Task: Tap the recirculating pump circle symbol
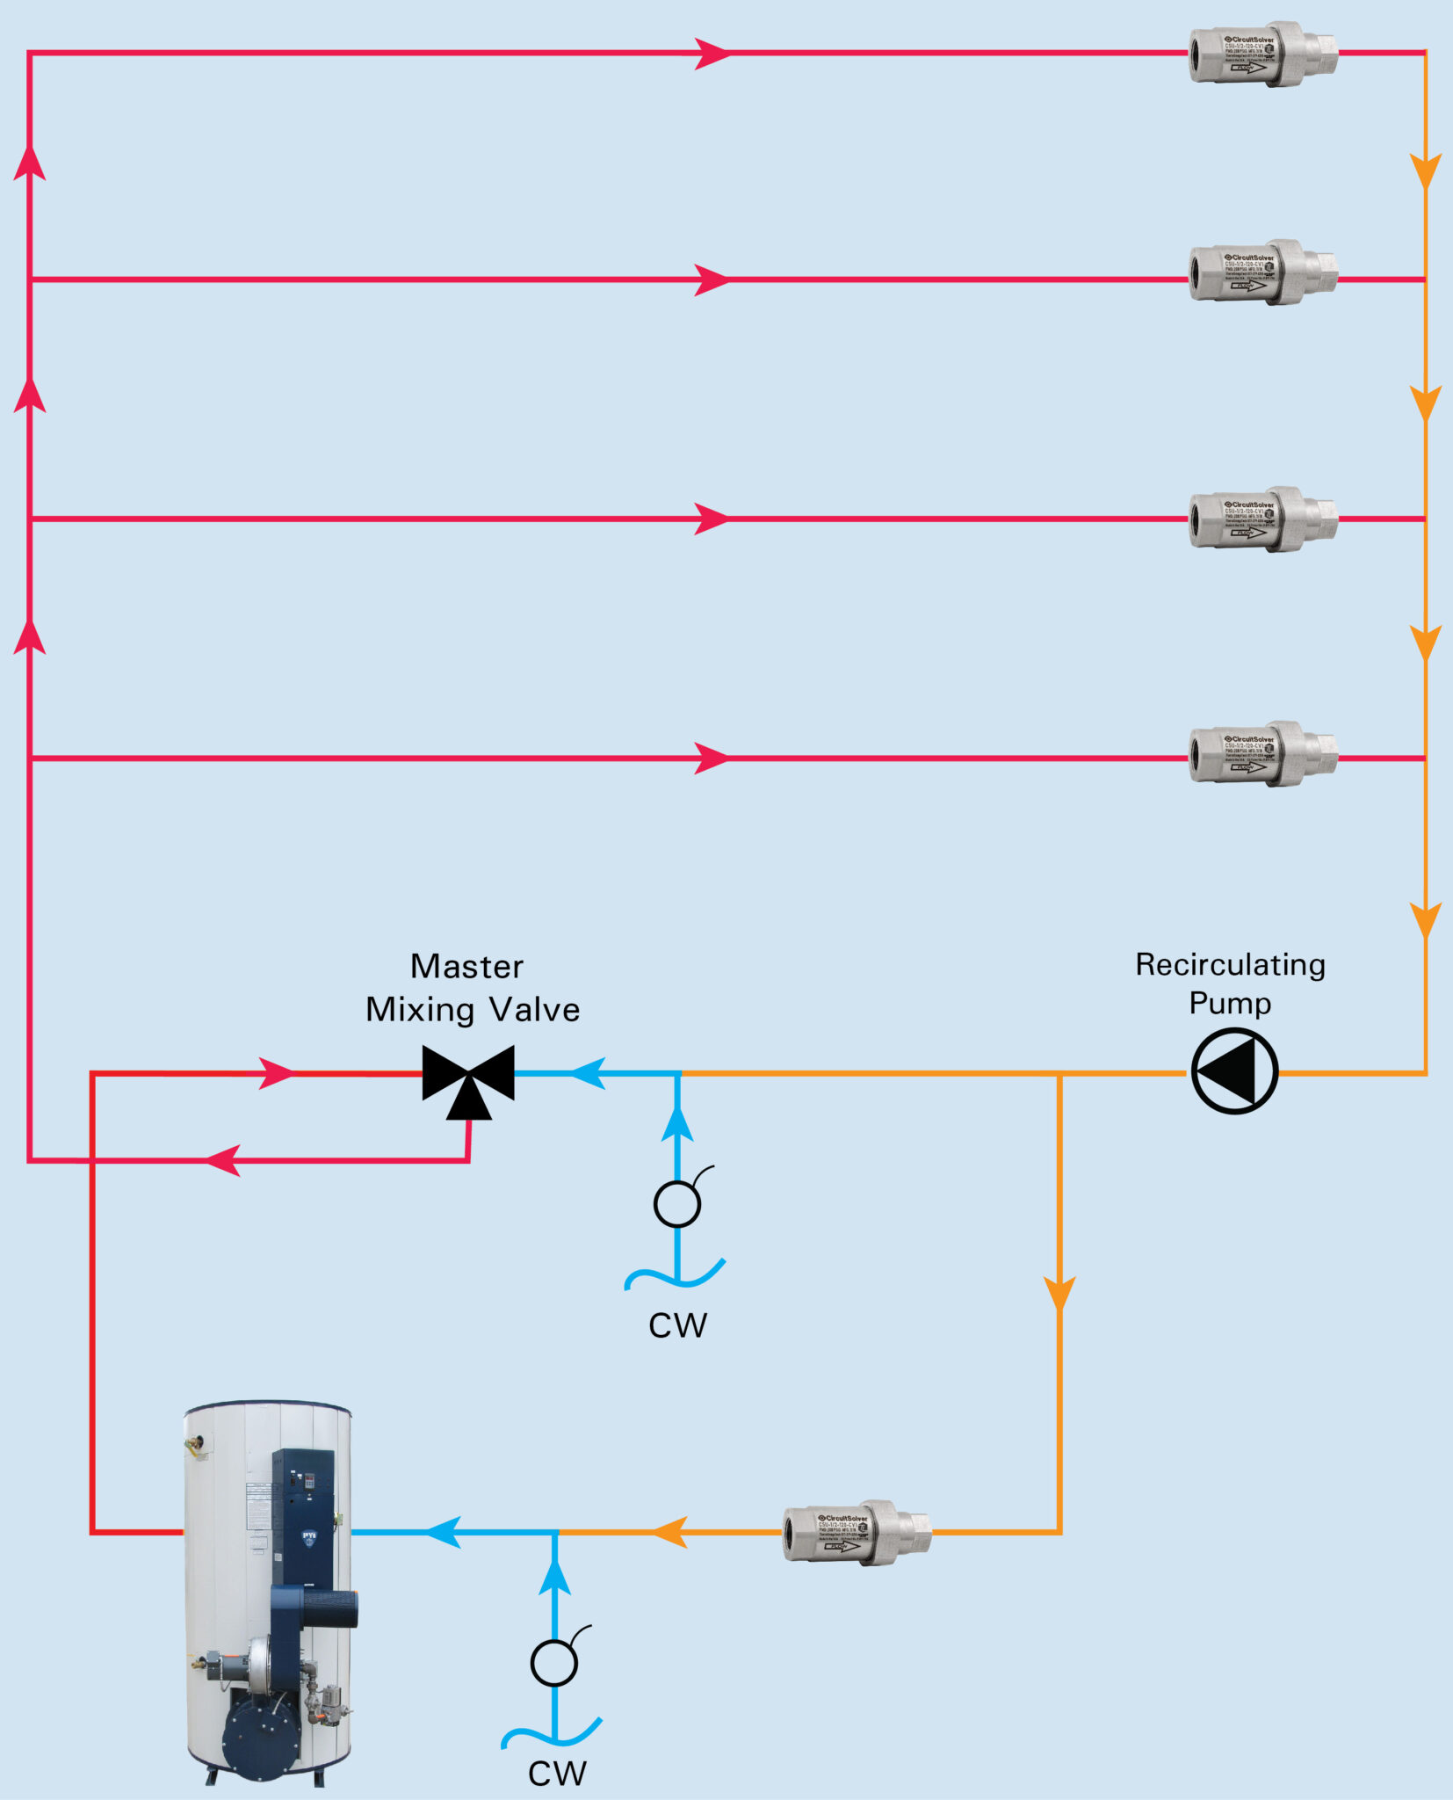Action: tap(1234, 1071)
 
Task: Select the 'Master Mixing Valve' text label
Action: tap(472, 988)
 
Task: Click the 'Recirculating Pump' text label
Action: tap(1230, 983)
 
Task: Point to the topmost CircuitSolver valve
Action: tap(1262, 54)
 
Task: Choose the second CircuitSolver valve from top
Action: tap(1262, 272)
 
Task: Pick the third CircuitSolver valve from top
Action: tap(1262, 519)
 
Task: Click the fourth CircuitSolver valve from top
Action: tap(1262, 754)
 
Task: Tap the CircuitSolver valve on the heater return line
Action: tap(857, 1533)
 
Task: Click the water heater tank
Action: tap(268, 1582)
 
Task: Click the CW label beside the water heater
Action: tap(557, 1774)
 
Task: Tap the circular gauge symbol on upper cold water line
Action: tap(677, 1204)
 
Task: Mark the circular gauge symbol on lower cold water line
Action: tap(554, 1663)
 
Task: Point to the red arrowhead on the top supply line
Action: tap(712, 54)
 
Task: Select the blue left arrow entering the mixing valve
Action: tap(589, 1073)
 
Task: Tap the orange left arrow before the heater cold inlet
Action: tap(670, 1532)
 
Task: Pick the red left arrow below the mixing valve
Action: tap(222, 1160)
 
